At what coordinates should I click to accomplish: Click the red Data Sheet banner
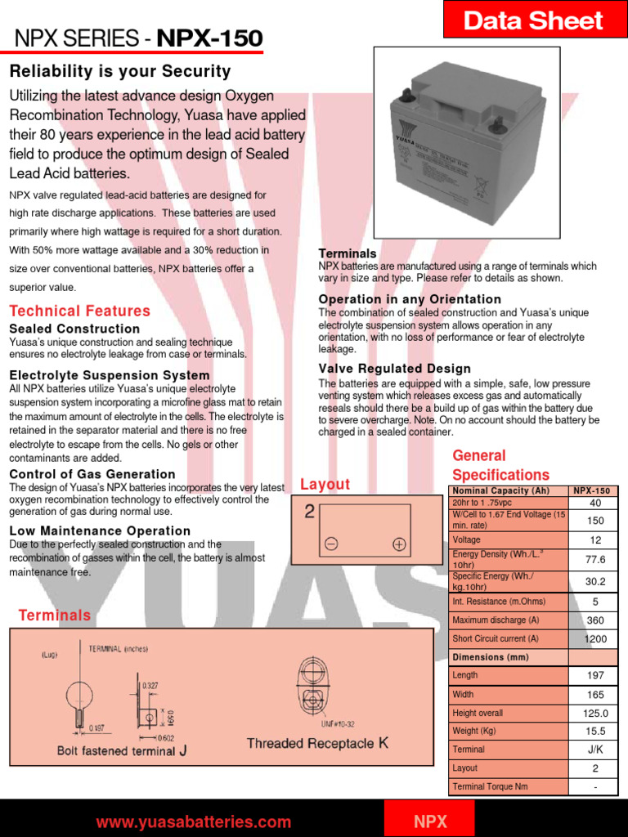pos(533,20)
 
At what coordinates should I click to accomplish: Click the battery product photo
pos(467,146)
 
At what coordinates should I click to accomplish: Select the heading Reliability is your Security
pos(120,72)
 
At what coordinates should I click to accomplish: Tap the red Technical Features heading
pos(80,311)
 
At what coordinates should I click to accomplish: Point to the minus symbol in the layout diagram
pos(331,544)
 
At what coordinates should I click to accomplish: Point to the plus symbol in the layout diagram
pos(398,544)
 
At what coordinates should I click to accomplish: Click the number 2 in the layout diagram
pos(309,512)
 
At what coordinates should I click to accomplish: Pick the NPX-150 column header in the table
pos(593,490)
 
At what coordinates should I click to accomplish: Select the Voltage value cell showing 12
pos(594,540)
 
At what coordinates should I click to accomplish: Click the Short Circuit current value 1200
pos(594,638)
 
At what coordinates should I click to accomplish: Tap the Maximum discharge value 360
pos(594,620)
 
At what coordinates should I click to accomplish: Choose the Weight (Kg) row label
pos(474,731)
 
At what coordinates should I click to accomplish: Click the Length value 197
pos(594,675)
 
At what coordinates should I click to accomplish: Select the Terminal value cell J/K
pos(594,750)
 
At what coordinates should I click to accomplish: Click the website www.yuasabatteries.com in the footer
pos(194,822)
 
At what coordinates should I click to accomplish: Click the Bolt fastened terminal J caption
pos(128,750)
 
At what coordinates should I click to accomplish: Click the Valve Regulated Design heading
pos(394,369)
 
